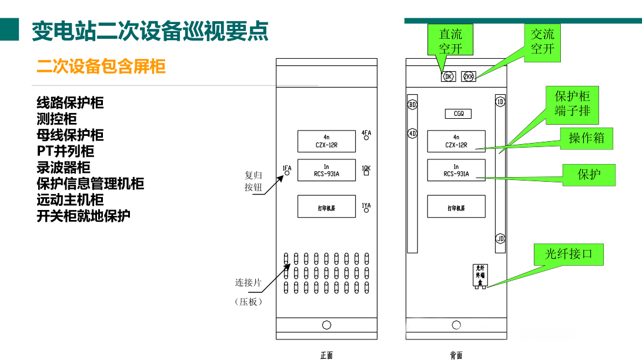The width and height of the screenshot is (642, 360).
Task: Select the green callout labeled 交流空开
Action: point(542,42)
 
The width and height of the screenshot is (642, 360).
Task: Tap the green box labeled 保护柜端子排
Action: point(572,104)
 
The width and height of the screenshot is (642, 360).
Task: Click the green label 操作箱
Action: point(586,138)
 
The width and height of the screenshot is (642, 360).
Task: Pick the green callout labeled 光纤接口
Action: point(569,254)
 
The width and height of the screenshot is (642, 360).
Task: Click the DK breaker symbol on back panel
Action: point(449,76)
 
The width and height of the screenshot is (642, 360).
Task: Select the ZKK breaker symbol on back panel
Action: point(469,76)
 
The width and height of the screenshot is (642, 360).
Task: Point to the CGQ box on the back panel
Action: point(458,114)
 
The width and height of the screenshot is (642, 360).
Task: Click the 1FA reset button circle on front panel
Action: point(287,174)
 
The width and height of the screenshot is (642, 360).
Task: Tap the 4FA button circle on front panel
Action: point(366,139)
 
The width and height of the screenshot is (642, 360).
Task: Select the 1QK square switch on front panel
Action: point(366,174)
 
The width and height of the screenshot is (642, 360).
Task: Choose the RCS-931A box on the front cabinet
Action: point(326,170)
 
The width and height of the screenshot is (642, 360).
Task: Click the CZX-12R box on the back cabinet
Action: point(456,141)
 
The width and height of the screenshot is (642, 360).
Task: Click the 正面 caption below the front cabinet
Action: point(326,355)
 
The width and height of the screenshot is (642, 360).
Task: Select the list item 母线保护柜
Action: point(70,135)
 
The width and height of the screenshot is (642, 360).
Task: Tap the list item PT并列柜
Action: point(65,151)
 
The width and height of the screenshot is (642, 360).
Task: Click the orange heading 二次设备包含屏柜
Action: point(101,66)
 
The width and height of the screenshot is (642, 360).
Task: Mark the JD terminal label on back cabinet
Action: point(500,238)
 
